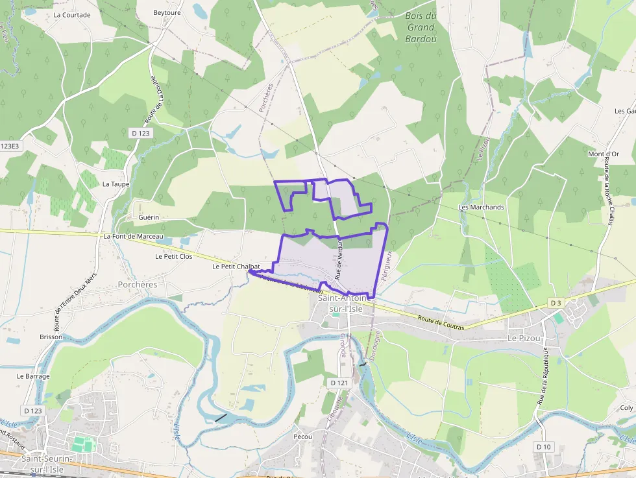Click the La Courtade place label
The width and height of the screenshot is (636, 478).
coord(72,15)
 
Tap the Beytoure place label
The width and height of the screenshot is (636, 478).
coord(167,12)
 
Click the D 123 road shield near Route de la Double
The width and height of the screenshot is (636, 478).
coord(140,133)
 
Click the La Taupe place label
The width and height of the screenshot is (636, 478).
coord(116,184)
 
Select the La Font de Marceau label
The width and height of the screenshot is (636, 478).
coord(133,237)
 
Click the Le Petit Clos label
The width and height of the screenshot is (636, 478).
coord(173,256)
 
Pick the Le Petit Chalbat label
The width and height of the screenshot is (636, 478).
coord(236,267)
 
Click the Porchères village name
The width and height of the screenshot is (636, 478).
coord(138,285)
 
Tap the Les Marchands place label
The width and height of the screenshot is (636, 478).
coord(481,207)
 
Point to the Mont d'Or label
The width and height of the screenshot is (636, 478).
coord(603,154)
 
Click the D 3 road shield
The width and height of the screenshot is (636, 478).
coord(556,303)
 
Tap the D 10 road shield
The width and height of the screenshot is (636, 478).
coord(543,447)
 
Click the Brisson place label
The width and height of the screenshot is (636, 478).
coord(51,337)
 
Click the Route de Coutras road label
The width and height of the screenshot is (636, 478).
coord(441,322)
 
